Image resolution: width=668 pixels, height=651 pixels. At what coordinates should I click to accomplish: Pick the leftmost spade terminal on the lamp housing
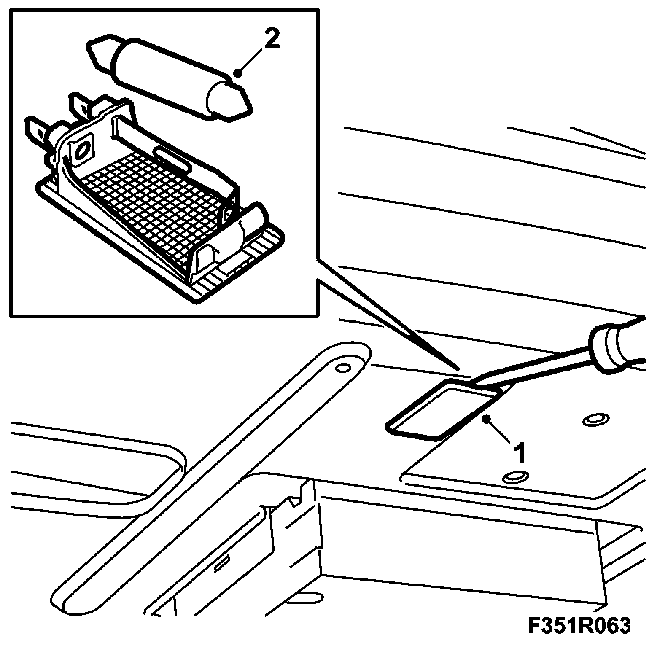click(x=37, y=132)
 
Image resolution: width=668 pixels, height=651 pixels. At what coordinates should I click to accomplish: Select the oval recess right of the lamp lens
click(x=595, y=420)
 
